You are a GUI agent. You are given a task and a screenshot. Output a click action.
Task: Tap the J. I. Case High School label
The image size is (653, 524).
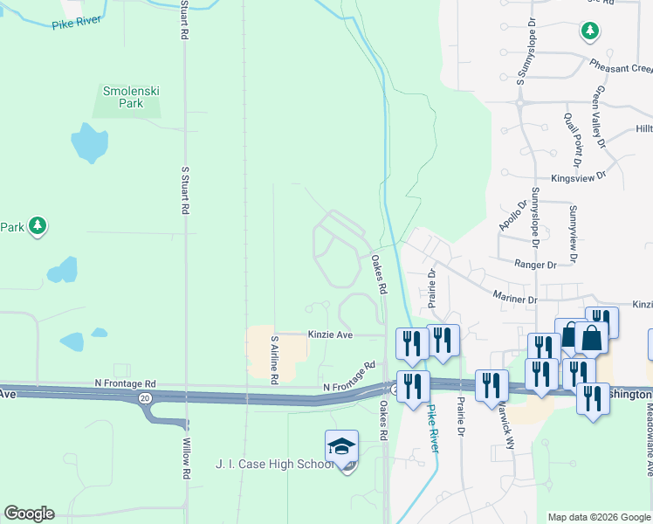[274, 464]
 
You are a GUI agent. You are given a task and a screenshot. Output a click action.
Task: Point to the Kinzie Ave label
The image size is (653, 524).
[330, 334]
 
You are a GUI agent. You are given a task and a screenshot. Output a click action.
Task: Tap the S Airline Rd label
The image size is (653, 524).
[274, 359]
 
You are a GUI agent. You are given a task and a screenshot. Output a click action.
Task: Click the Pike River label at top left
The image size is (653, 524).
[76, 23]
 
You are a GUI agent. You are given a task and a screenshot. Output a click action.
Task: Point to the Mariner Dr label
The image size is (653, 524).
[514, 299]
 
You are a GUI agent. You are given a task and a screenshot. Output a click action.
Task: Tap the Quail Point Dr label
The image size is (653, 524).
[574, 141]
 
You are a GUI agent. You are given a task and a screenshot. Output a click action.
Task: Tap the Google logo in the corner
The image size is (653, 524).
[29, 514]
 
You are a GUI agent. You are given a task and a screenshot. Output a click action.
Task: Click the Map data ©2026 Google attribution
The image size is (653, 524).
[599, 517]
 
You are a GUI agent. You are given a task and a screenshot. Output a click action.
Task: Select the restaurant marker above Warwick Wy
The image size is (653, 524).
[492, 384]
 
